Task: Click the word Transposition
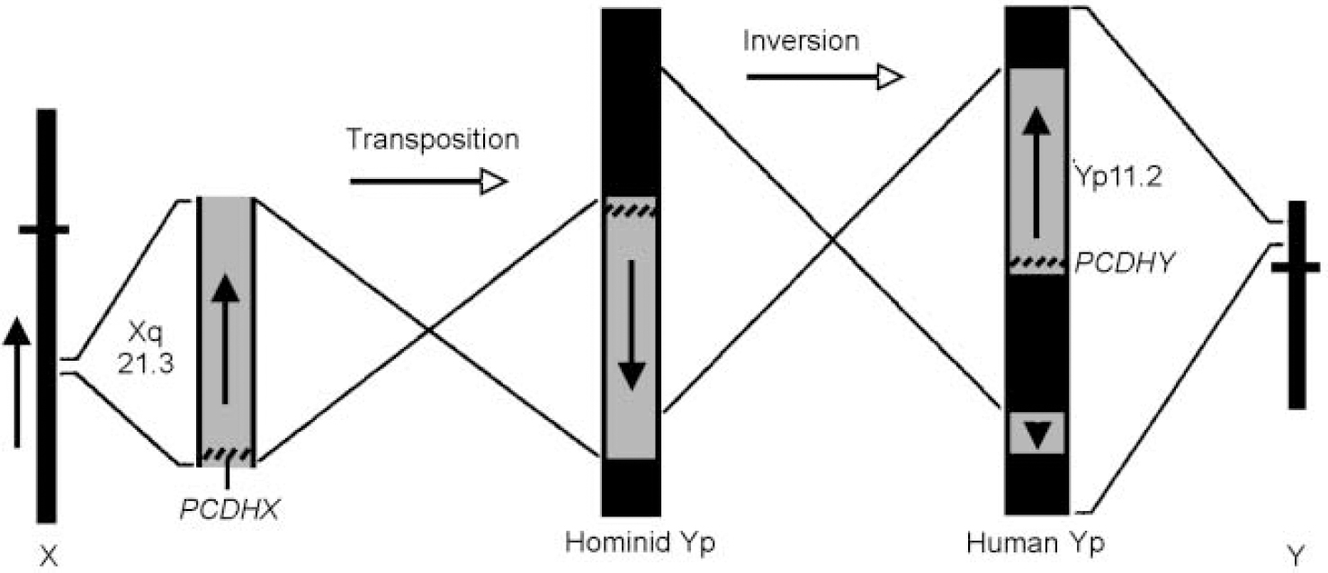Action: [432, 140]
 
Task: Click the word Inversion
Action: [801, 40]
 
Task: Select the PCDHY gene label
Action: [1115, 264]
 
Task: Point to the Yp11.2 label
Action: [1115, 176]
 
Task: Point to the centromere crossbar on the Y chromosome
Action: [1295, 266]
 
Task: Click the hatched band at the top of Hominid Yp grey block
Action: [631, 209]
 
